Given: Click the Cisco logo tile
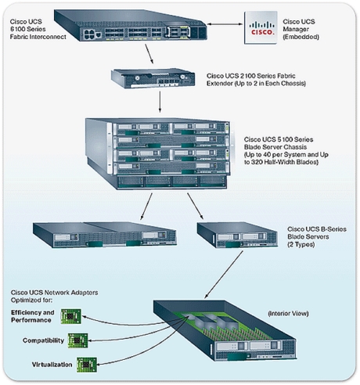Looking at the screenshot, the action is (261, 27).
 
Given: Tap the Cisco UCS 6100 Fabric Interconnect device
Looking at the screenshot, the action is (131, 25).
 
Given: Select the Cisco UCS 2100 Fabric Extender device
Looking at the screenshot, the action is (153, 78).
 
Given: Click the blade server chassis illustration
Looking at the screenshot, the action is (158, 153).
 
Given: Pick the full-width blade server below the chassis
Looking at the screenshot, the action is (105, 235).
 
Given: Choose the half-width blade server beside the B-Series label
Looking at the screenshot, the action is (237, 235).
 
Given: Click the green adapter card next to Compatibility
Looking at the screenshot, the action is (77, 340).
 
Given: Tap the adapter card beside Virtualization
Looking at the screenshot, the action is (87, 365).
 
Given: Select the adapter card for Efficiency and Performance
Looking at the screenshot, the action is (70, 316).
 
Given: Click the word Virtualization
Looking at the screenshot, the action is (52, 365).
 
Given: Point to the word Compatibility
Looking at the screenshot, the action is (43, 340).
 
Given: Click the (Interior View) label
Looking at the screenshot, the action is (288, 313).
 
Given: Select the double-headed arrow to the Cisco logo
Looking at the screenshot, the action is (225, 24).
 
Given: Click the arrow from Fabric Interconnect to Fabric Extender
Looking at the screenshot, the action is (149, 54).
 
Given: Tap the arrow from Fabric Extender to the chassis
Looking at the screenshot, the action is (160, 102).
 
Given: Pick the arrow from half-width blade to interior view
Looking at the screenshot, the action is (224, 275).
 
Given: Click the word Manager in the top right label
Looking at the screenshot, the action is (296, 29).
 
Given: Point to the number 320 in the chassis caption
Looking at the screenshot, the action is (257, 162).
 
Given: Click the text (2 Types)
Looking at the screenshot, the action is (301, 244).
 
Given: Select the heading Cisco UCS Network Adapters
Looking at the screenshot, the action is (54, 293).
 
